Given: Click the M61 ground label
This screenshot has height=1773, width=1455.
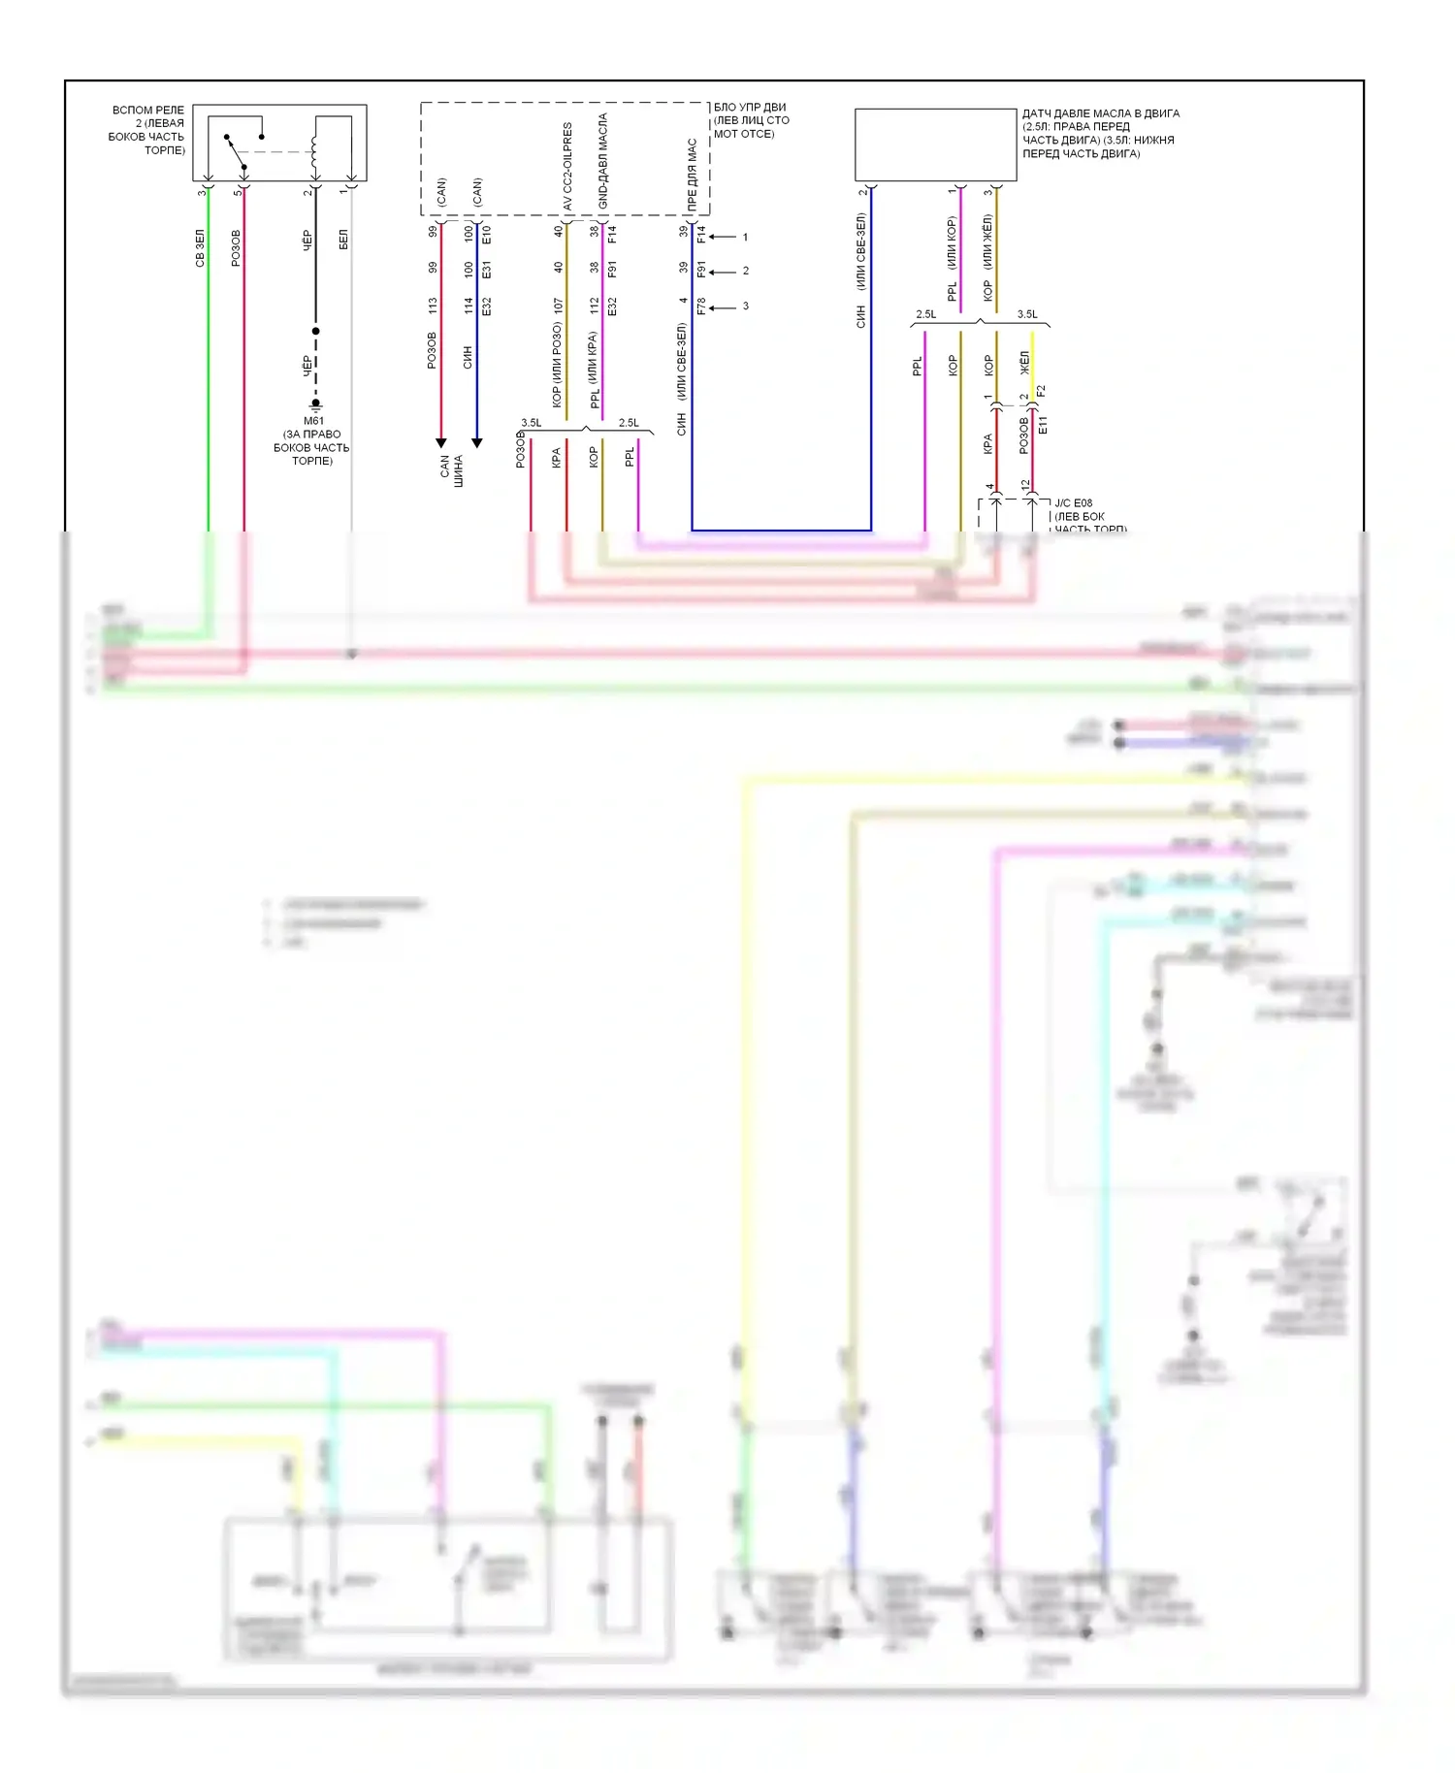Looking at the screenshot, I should point(313,421).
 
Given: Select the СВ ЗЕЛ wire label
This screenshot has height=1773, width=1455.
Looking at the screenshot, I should point(200,248).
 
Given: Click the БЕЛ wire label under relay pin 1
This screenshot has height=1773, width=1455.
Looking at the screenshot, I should point(343,240).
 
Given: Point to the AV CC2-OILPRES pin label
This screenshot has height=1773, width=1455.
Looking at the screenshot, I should point(567,166).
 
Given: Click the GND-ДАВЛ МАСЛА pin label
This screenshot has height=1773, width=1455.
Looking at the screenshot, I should point(603,161).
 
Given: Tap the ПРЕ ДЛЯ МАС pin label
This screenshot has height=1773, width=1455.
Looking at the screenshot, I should point(693,175).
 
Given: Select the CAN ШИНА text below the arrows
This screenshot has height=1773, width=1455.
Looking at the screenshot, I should point(452,471).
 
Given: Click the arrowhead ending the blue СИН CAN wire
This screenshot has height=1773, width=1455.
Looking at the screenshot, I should point(476,443).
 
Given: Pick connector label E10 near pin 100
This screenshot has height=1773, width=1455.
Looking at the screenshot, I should point(487,234).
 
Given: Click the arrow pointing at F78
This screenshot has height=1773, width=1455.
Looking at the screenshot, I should point(722,307).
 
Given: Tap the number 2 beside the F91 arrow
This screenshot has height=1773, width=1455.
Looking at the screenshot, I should point(745,271).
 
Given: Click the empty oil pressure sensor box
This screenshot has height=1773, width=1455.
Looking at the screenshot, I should point(935,145).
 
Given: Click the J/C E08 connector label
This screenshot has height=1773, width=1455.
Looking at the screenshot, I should point(1074,502).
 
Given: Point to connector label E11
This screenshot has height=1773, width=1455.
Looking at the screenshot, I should point(1043,425).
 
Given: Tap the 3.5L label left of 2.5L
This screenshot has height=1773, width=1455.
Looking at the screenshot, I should point(532,423).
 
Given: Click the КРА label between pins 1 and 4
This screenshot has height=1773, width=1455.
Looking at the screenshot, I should point(987,444).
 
